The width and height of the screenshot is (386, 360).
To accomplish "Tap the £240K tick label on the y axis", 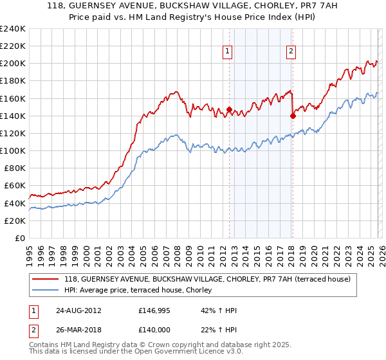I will click(x=12, y=29).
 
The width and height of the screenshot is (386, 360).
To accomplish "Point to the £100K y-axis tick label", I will click(x=12, y=150).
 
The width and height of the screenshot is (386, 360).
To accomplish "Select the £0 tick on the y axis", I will click(x=19, y=238).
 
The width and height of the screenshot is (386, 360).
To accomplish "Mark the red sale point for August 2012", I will click(x=229, y=109).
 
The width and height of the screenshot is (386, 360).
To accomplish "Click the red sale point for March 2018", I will click(x=293, y=116).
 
